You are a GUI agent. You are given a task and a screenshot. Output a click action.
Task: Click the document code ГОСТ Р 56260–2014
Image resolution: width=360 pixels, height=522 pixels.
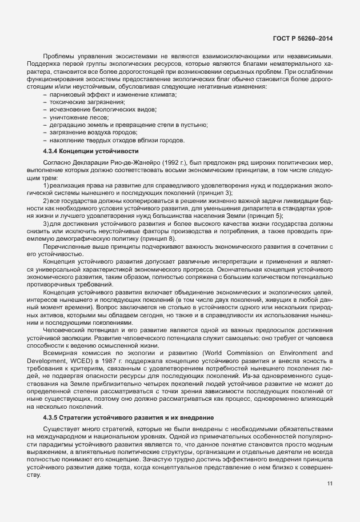pos(303,38)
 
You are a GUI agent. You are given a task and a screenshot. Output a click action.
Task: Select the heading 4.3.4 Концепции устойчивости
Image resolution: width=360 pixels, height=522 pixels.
pos(91,151)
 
